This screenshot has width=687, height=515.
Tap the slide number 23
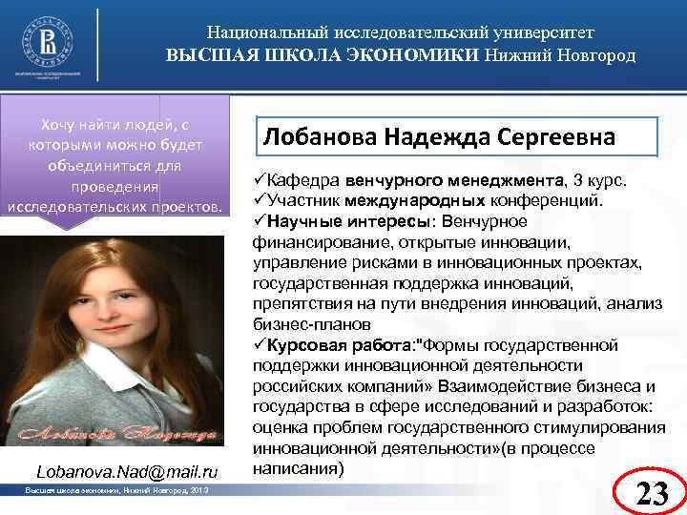(652, 493)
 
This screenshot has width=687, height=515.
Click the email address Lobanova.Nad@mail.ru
(127, 471)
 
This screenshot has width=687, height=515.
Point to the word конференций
(553, 199)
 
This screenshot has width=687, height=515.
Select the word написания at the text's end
(297, 469)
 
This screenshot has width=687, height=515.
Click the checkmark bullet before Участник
(260, 199)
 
